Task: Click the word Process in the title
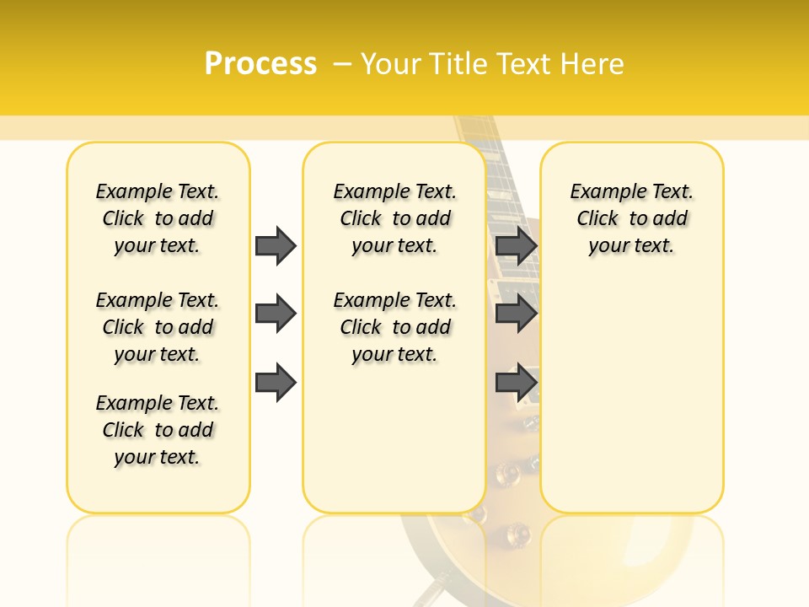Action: coord(260,63)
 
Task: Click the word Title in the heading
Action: coord(460,63)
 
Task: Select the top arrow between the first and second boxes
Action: coord(276,245)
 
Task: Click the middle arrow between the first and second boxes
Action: coord(276,314)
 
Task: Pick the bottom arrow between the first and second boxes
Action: coord(276,382)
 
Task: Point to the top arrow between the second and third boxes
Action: coord(516,245)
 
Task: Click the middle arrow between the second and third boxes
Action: coord(516,314)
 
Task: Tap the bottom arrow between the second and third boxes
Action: coord(516,382)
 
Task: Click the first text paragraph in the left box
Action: coord(158,218)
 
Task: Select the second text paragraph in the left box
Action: coord(158,327)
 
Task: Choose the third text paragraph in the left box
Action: coord(158,430)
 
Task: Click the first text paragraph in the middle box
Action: coord(394,218)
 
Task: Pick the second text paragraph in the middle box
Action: coord(394,327)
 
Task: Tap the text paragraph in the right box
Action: coord(631,218)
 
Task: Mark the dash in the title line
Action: coord(342,63)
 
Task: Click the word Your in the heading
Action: coord(392,63)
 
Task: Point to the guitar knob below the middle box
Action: coord(516,533)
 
